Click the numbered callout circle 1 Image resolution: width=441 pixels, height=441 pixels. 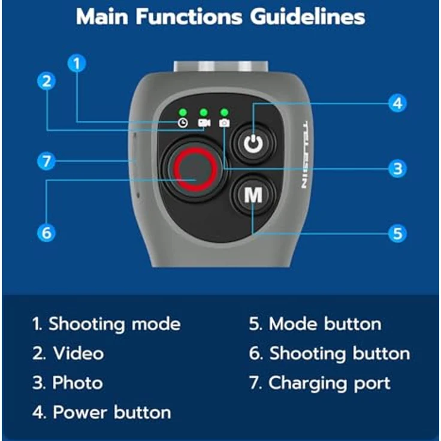77,64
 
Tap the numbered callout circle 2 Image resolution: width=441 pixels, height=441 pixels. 46,81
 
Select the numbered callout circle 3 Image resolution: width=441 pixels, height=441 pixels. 397,169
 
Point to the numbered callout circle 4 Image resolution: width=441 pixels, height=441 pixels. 397,103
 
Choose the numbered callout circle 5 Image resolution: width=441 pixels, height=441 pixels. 397,234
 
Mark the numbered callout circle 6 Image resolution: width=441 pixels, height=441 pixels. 46,233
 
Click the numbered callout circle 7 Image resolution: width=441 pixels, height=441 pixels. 46,161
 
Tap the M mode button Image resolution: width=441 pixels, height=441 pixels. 253,195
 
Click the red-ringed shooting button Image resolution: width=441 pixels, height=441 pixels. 195,170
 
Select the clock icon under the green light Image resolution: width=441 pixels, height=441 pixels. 183,123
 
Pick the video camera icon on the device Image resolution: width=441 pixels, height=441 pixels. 204,123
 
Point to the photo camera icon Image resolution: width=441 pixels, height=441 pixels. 224,123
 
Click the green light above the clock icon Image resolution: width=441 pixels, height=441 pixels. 183,113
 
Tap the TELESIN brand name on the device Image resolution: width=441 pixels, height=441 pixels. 305,155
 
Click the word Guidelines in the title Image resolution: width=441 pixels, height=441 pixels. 308,17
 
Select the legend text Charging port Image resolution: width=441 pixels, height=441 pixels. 330,383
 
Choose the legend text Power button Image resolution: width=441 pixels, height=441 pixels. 112,412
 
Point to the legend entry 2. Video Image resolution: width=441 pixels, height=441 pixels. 68,354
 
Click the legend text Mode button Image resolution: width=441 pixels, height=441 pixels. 325,324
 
